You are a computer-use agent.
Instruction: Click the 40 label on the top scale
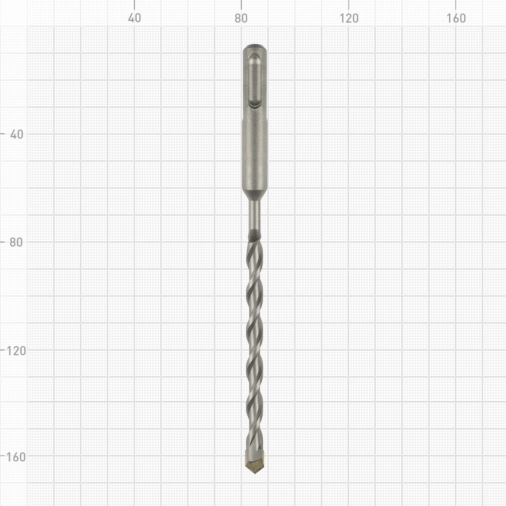click(x=134, y=18)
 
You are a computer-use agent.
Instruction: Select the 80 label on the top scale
click(x=241, y=18)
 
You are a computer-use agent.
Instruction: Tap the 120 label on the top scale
click(x=349, y=18)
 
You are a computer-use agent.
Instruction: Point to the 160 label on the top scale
click(x=456, y=18)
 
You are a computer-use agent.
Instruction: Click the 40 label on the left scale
click(x=17, y=134)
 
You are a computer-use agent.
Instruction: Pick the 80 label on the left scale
click(x=16, y=242)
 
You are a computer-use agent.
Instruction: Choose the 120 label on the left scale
click(x=16, y=351)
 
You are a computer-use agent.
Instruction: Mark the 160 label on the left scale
click(x=16, y=457)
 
